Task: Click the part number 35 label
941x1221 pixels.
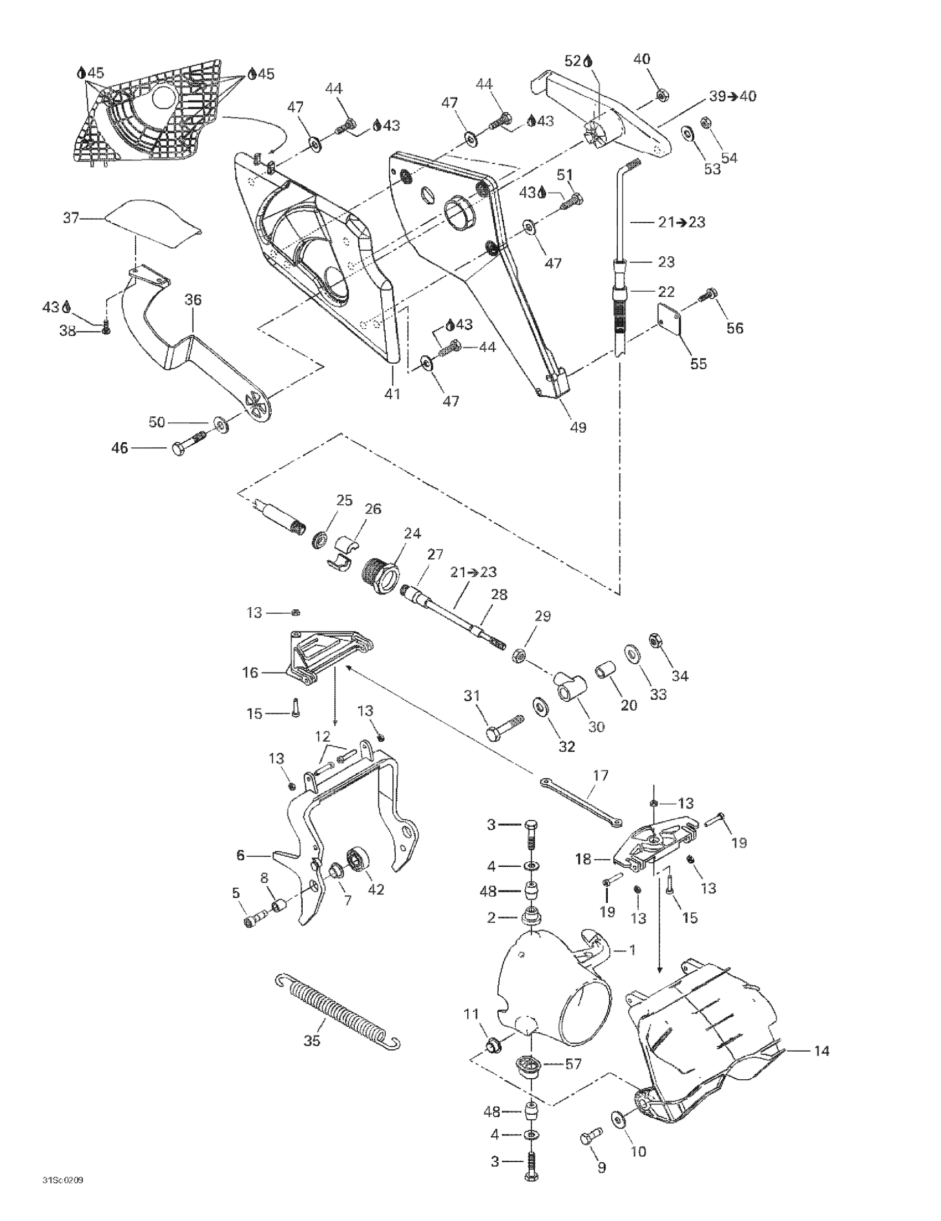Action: [312, 1041]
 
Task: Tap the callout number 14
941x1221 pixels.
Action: [821, 1051]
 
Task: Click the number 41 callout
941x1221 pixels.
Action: [392, 394]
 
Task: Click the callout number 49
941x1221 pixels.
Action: [578, 428]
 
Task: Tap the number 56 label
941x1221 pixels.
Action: [735, 328]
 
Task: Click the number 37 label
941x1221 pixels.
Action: [71, 218]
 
